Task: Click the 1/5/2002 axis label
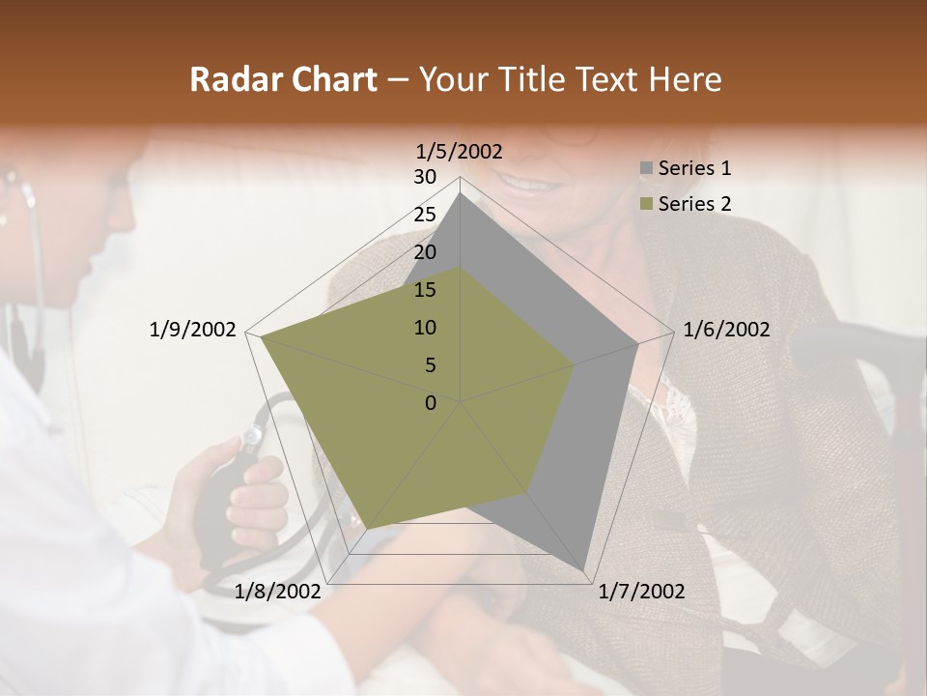(460, 151)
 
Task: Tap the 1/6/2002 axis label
(726, 330)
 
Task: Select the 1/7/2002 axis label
(641, 592)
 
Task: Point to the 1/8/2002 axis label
(277, 592)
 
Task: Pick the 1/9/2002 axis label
(192, 330)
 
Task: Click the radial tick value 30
(425, 177)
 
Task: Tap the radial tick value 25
(425, 215)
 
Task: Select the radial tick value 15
(425, 290)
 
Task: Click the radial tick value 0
(431, 403)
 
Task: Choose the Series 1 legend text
(694, 168)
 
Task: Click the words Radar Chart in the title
(283, 80)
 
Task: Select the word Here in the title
(685, 80)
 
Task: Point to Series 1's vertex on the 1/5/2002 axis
(461, 193)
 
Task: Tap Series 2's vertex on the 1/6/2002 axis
(575, 364)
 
